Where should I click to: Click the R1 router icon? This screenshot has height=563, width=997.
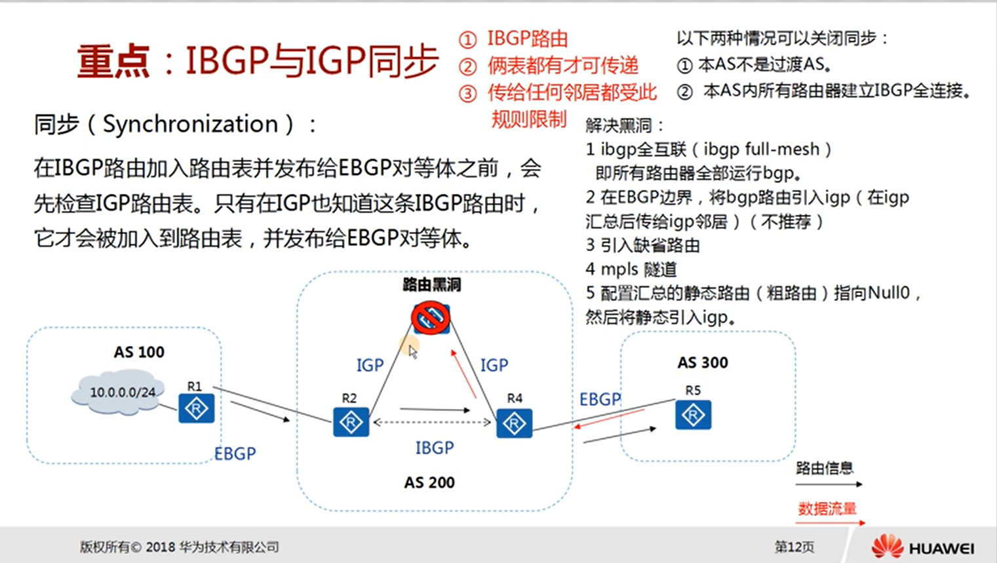click(196, 408)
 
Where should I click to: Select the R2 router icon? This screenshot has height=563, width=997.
click(351, 421)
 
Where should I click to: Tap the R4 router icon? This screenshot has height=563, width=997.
click(514, 423)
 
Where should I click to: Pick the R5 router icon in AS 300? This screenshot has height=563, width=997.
click(693, 415)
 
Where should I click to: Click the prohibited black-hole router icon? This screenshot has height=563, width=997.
click(431, 318)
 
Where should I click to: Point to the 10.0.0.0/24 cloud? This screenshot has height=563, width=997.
click(119, 393)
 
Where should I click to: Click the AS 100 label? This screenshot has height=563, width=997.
click(139, 352)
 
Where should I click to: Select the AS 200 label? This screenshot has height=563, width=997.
click(429, 482)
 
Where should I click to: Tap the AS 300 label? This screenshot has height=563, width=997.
click(703, 362)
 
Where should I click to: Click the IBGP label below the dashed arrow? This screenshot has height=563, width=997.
click(435, 448)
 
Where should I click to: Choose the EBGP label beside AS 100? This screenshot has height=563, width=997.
click(235, 454)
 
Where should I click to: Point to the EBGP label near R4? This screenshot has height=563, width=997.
click(600, 400)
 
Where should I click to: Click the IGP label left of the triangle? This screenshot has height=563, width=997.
click(370, 366)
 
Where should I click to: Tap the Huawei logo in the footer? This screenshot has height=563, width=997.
click(923, 547)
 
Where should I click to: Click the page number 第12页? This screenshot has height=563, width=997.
click(794, 547)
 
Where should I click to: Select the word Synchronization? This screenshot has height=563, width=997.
click(191, 124)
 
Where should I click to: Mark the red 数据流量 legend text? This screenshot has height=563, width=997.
click(827, 509)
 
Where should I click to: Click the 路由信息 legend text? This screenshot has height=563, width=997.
click(825, 468)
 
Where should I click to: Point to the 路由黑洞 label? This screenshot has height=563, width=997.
click(432, 284)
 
